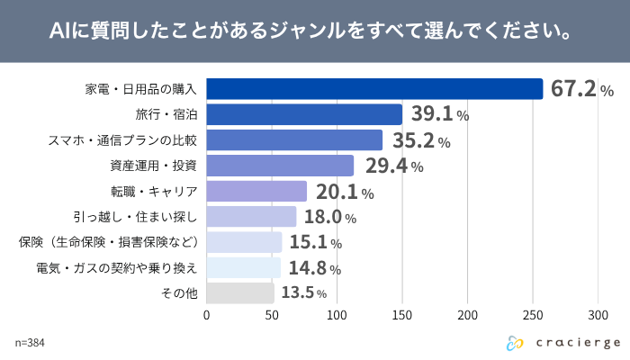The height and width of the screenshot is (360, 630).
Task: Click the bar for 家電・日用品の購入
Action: tap(375, 89)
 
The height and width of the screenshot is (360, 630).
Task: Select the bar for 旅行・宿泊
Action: tap(304, 114)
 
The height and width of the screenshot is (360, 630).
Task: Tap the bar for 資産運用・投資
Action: tap(280, 166)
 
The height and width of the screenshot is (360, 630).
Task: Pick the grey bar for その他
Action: tap(240, 293)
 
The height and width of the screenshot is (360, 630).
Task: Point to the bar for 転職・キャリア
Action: tap(256, 192)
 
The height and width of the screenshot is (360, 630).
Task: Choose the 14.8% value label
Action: tap(314, 268)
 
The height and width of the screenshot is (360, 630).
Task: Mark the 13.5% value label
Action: tap(303, 293)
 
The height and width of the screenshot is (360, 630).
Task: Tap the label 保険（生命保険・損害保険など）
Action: tap(108, 243)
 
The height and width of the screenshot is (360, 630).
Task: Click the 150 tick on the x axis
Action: tap(402, 316)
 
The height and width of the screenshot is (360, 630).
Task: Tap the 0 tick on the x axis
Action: tap(207, 316)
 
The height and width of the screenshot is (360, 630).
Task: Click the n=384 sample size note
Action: tap(30, 343)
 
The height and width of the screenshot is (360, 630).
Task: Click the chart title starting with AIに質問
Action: tap(315, 32)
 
